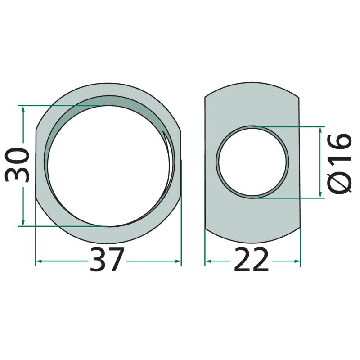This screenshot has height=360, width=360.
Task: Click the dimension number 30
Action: click(x=18, y=165)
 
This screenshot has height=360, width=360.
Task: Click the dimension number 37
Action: click(x=107, y=260)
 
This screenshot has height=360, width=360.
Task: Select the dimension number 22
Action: click(x=251, y=260)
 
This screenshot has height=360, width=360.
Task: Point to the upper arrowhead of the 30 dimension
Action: click(x=23, y=109)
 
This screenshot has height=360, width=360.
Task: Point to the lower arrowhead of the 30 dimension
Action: click(x=23, y=222)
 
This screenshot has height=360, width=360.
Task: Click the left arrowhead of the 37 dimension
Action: click(x=40, y=261)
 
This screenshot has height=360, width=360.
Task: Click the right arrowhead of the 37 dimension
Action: click(x=178, y=261)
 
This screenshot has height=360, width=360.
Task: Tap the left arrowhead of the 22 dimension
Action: click(x=208, y=261)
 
